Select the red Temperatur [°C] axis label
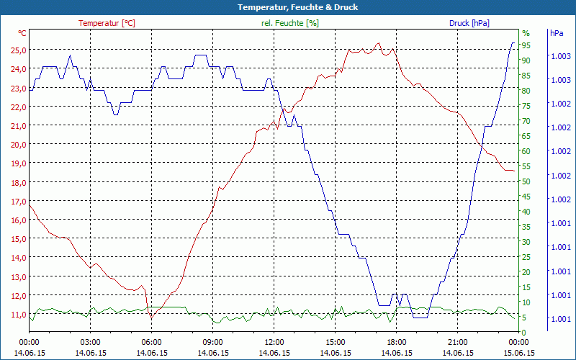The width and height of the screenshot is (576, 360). tap(107, 23)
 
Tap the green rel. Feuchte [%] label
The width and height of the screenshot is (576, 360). tap(290, 23)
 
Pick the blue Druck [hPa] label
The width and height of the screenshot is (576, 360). tap(469, 23)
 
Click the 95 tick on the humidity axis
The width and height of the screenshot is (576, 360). tap(526, 45)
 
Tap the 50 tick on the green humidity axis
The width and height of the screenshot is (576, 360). tap(526, 181)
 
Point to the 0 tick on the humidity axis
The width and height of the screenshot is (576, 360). tap(523, 332)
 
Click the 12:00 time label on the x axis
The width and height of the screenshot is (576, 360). tap(274, 342)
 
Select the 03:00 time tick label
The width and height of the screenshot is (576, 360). tap(90, 342)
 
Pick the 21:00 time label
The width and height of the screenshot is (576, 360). tap(457, 342)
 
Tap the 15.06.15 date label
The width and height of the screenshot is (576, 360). tap(518, 353)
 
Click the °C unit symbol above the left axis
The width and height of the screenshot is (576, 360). tap(22, 33)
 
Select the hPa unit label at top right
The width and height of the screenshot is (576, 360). tap(557, 33)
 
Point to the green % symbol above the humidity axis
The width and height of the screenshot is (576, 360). tap(526, 33)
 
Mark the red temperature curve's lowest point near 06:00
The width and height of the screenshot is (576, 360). tap(150, 317)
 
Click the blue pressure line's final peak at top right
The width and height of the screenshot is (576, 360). tap(513, 43)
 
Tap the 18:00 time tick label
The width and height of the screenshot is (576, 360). tap(396, 342)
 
